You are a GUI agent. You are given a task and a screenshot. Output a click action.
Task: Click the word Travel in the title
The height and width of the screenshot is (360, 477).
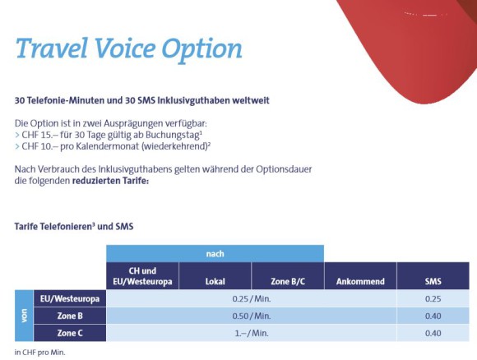(x=52, y=48)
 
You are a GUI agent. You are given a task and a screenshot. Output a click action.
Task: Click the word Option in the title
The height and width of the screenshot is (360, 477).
(x=202, y=50)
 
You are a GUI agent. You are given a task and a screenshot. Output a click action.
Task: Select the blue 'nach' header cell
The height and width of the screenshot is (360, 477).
(x=215, y=254)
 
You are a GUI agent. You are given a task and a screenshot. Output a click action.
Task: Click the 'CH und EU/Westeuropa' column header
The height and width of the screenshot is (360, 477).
(x=142, y=276)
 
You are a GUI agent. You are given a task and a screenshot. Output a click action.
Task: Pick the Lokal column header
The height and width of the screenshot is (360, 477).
(x=215, y=276)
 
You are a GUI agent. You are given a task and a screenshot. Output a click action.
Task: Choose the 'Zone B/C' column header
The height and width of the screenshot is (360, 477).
(x=288, y=276)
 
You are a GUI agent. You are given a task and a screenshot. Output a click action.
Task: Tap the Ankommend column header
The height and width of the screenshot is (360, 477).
(x=360, y=276)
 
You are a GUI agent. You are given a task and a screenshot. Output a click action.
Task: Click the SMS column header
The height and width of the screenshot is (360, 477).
(x=433, y=276)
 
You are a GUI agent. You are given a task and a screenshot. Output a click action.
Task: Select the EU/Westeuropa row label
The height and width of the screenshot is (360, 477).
(x=70, y=298)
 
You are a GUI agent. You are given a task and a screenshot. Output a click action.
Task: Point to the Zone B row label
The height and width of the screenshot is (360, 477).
(x=70, y=316)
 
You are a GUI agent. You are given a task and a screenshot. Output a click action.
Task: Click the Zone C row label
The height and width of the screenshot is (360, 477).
(x=70, y=333)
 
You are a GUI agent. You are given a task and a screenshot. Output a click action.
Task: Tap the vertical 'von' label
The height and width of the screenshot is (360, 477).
(x=24, y=316)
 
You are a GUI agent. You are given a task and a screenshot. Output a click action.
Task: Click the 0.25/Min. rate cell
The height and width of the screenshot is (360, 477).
(x=252, y=298)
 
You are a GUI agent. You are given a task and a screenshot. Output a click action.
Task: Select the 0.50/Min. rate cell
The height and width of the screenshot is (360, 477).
(x=252, y=316)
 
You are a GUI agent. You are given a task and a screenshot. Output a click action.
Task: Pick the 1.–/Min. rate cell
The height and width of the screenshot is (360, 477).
(x=252, y=333)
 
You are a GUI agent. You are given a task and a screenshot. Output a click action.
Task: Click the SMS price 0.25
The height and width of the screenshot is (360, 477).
(x=433, y=298)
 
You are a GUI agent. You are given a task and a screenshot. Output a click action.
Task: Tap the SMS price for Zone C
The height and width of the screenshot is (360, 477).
(x=433, y=333)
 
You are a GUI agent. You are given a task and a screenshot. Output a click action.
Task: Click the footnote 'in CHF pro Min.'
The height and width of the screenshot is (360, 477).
(x=39, y=353)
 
